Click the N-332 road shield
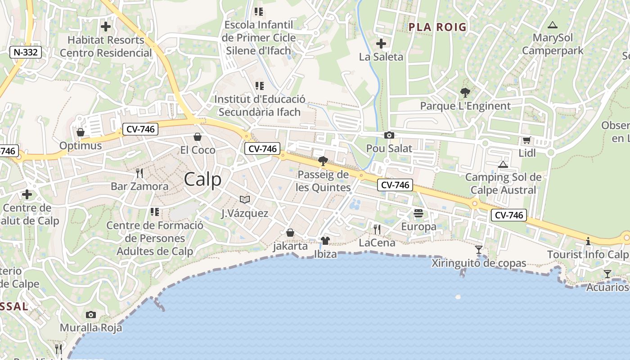pyautogui.click(x=26, y=52)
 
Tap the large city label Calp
pyautogui.click(x=202, y=179)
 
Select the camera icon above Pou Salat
pyautogui.click(x=389, y=135)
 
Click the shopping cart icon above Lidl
pyautogui.click(x=526, y=140)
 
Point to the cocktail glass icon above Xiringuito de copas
pyautogui.click(x=479, y=249)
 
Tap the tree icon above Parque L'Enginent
pyautogui.click(x=465, y=93)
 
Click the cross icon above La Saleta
pyautogui.click(x=381, y=44)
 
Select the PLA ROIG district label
pyautogui.click(x=437, y=27)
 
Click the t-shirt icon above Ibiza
pyautogui.click(x=325, y=241)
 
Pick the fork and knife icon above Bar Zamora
pyautogui.click(x=139, y=173)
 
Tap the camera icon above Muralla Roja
pyautogui.click(x=91, y=315)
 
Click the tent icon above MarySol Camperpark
pyautogui.click(x=552, y=25)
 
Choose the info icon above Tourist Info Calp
pyautogui.click(x=588, y=241)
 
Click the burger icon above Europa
pyautogui.click(x=418, y=213)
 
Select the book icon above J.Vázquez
pyautogui.click(x=245, y=199)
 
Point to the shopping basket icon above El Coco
pyautogui.click(x=198, y=137)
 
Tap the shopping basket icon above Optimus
pyautogui.click(x=81, y=132)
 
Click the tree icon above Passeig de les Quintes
pyautogui.click(x=323, y=161)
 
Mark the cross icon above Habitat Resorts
pyautogui.click(x=106, y=27)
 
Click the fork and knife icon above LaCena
pyautogui.click(x=377, y=229)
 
